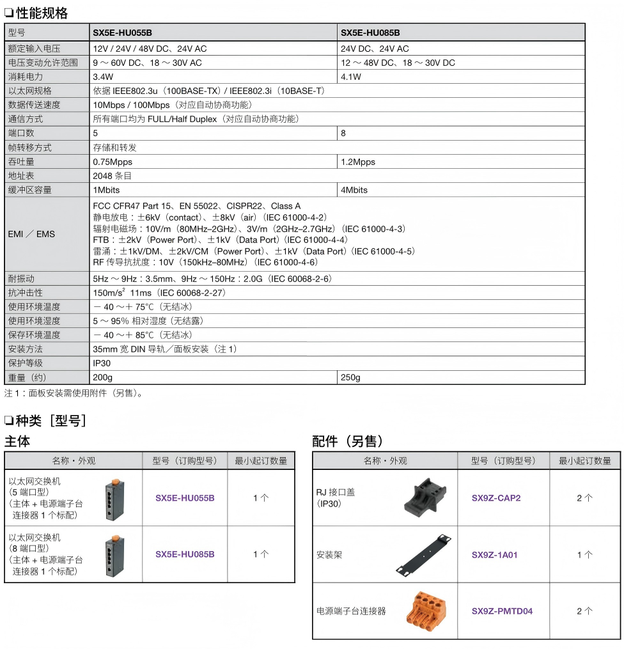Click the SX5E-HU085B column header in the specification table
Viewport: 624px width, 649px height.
(370, 33)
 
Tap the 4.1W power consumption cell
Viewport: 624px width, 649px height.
(351, 77)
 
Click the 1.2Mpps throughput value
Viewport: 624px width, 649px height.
(358, 162)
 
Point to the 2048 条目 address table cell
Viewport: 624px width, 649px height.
(113, 176)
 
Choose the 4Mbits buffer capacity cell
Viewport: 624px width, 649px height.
(354, 190)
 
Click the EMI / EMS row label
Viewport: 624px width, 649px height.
(31, 234)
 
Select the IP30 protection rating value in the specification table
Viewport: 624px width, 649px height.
(102, 363)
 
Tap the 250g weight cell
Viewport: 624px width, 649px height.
(350, 377)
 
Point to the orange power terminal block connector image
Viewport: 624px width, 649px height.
(423, 610)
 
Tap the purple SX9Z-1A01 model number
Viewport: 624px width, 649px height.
(495, 555)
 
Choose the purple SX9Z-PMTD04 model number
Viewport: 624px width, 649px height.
(502, 611)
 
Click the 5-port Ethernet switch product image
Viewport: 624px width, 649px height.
(115, 497)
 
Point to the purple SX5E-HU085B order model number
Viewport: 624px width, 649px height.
(185, 554)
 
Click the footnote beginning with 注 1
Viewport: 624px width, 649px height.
(74, 393)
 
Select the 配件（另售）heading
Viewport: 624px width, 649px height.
(348, 441)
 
